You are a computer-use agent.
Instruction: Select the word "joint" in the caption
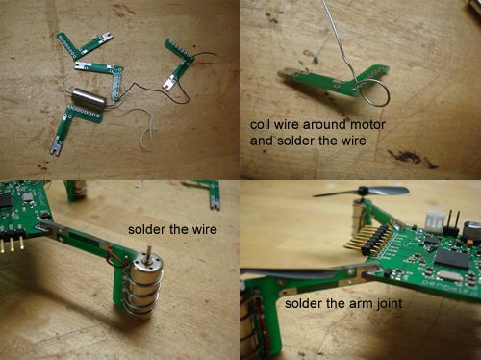click(x=389, y=303)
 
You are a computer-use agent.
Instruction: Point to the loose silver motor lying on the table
click(x=88, y=97)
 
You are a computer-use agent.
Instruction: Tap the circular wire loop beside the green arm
click(x=373, y=93)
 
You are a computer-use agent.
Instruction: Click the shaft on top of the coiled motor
click(x=149, y=255)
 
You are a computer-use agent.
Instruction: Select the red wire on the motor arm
click(x=115, y=257)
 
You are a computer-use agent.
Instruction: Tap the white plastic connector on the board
click(x=436, y=221)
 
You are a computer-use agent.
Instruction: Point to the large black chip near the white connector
click(x=452, y=259)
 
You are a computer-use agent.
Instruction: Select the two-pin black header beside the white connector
click(x=453, y=223)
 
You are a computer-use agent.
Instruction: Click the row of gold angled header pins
click(x=368, y=239)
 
